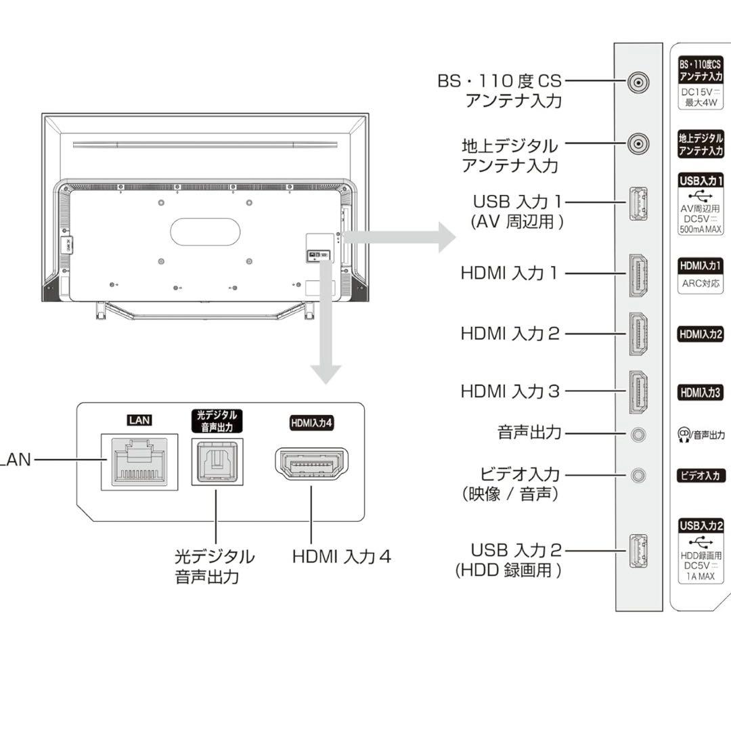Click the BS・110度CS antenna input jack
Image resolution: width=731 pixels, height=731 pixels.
[x=638, y=83]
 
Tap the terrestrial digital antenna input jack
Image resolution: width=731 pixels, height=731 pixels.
[x=638, y=143]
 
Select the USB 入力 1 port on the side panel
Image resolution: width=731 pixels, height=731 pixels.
[x=638, y=204]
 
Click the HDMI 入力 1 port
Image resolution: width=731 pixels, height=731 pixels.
[x=638, y=275]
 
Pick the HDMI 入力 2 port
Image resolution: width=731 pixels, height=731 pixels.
[x=638, y=334]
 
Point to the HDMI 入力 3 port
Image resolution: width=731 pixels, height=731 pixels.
[x=638, y=392]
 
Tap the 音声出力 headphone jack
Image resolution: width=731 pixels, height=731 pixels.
[x=638, y=434]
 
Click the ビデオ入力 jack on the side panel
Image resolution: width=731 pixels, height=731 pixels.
[x=638, y=475]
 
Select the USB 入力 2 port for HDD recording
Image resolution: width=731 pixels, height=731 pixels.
[x=638, y=551]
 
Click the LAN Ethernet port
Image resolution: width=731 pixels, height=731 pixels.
[x=139, y=462]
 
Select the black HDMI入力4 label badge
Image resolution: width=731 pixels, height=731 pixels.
[x=312, y=423]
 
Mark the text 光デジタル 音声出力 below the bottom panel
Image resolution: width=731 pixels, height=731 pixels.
[x=215, y=567]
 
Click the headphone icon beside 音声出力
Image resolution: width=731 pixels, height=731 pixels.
[x=684, y=435]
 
